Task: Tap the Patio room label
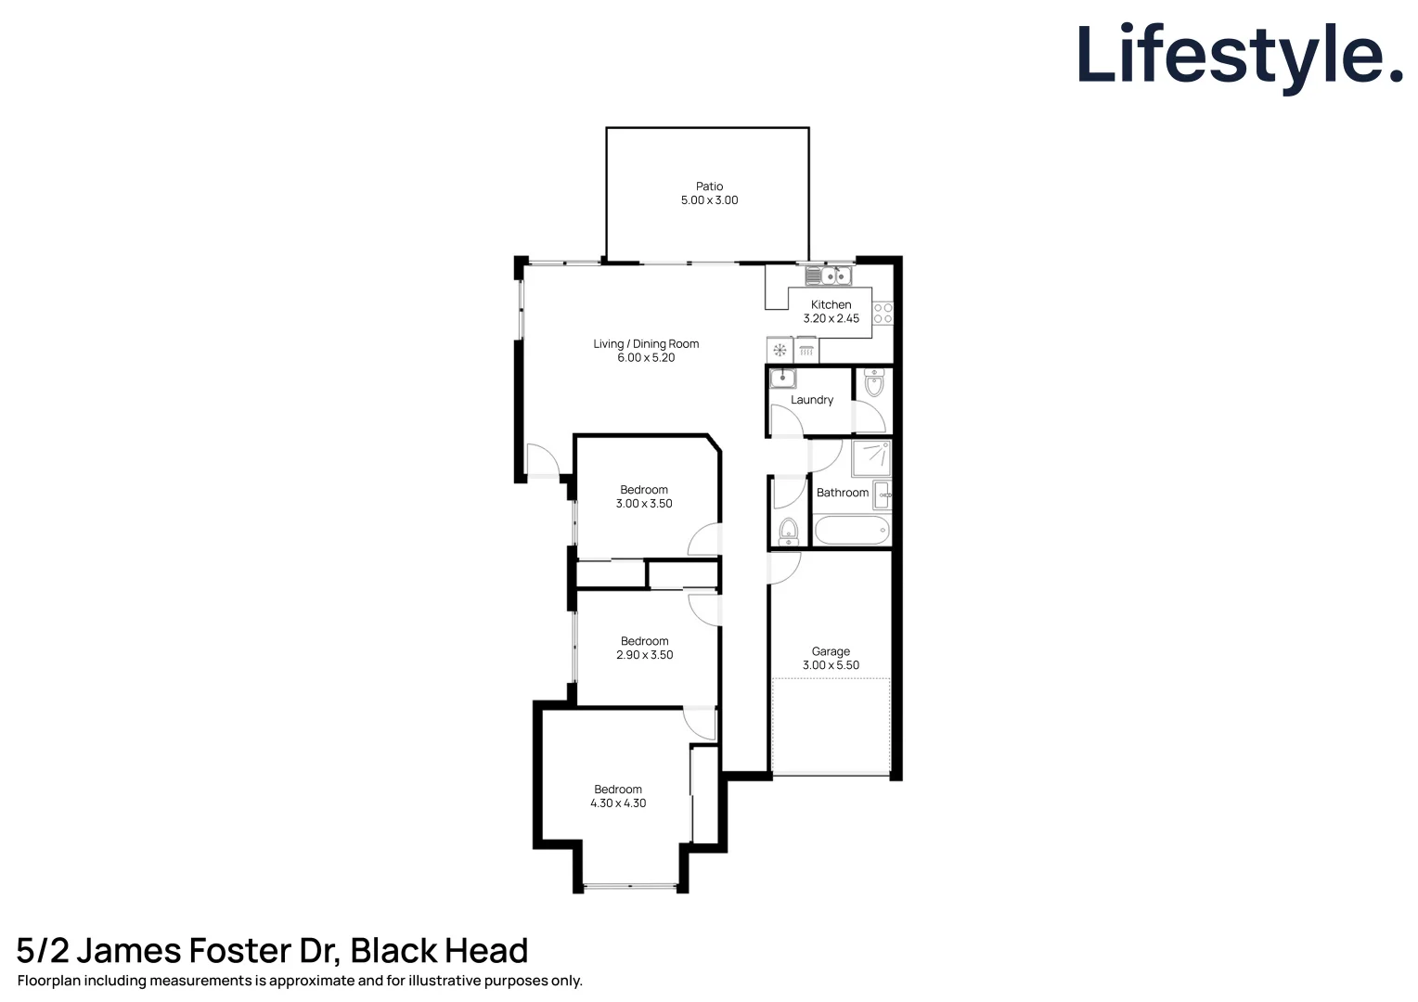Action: pos(709,186)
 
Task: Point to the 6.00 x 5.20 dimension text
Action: pos(646,358)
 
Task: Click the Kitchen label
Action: pos(831,304)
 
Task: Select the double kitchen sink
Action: pos(828,276)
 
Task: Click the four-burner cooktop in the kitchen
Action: pos(883,314)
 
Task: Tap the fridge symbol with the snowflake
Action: pos(780,351)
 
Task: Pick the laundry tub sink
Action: pos(783,378)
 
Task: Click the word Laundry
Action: pos(811,400)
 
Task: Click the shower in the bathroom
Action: pos(871,458)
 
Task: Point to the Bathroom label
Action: pos(842,493)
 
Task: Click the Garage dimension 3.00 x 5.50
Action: pos(831,665)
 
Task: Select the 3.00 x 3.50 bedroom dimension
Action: pos(644,504)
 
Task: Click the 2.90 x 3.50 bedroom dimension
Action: pos(644,655)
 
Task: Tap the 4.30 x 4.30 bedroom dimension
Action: pos(618,803)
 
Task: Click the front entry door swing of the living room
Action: pos(541,460)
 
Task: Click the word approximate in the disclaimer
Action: pos(312,981)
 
